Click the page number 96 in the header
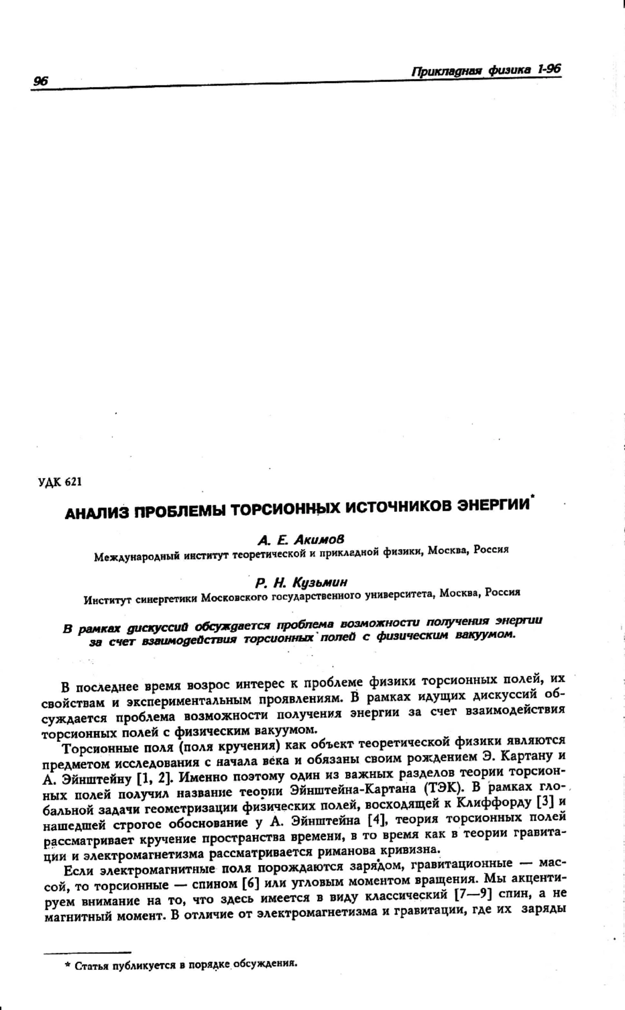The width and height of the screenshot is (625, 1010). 40,81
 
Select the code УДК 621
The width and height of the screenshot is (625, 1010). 60,481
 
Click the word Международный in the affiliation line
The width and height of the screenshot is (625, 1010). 133,557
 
